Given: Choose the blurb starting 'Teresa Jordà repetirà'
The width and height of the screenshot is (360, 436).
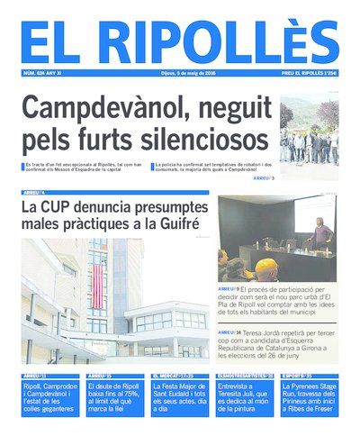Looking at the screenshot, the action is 277,344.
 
